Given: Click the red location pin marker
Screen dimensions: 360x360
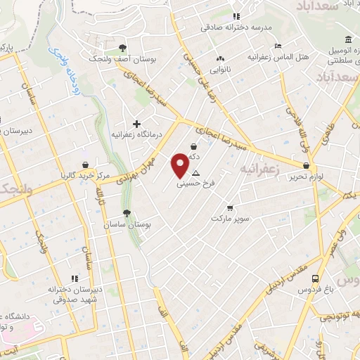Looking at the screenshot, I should [180, 166].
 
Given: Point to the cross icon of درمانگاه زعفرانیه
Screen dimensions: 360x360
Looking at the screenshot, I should [136, 123].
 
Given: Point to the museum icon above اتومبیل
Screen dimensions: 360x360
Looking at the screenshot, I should [349, 39].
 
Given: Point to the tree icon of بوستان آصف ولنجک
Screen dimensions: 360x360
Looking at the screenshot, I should [123, 49].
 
